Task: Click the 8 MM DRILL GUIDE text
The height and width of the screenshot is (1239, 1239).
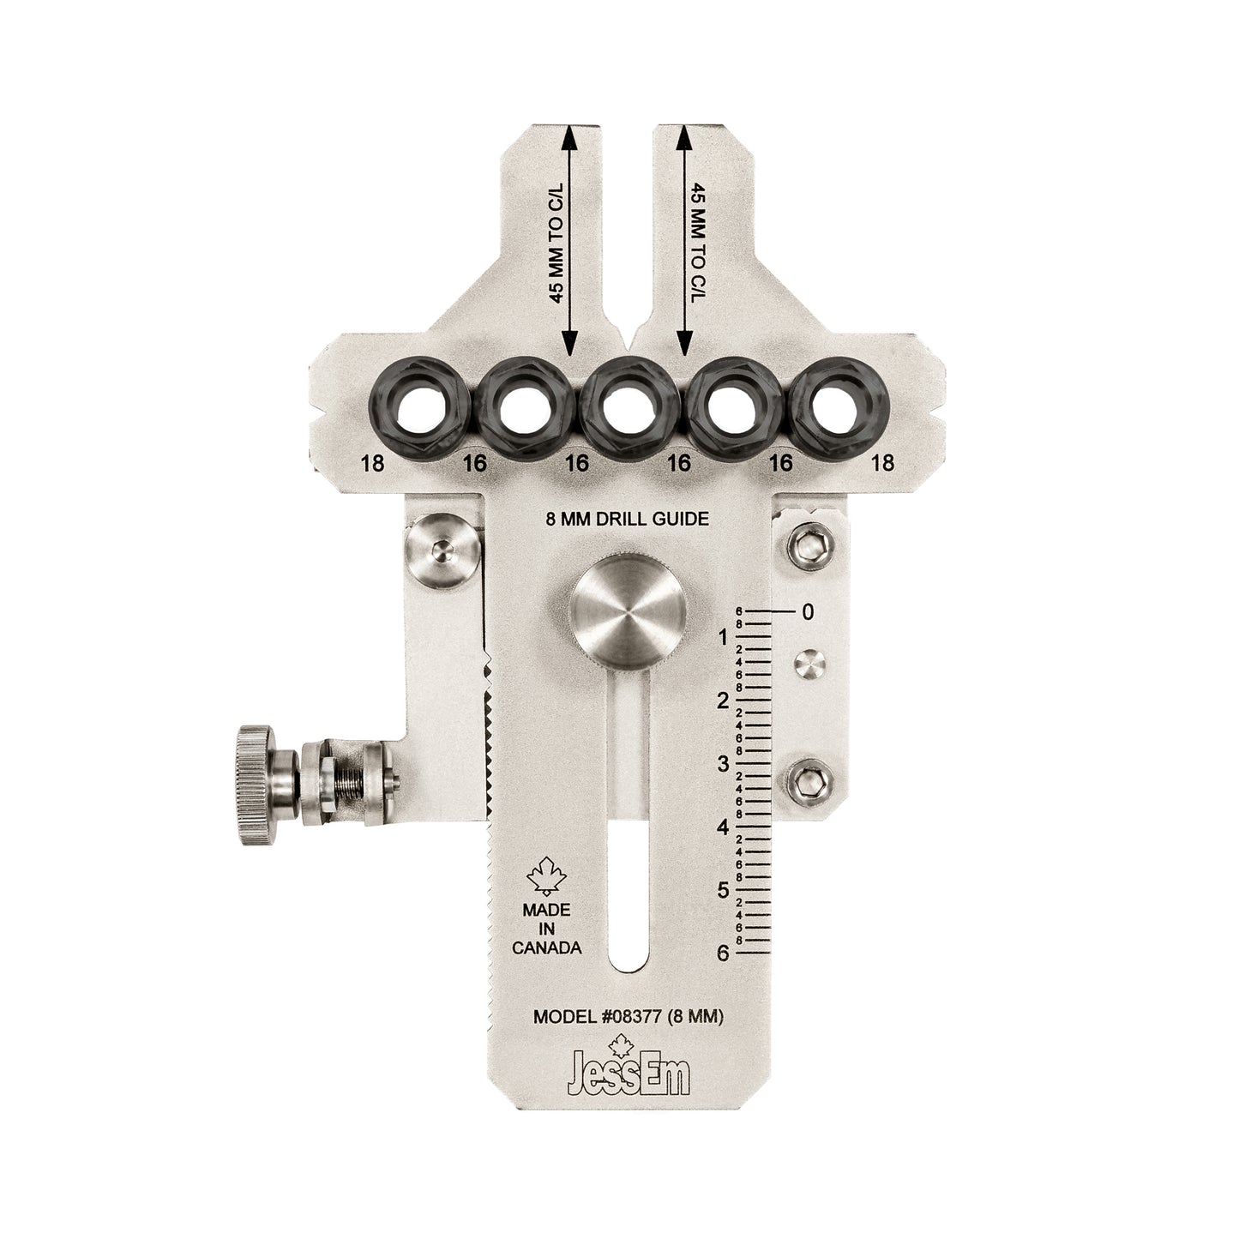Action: [627, 518]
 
